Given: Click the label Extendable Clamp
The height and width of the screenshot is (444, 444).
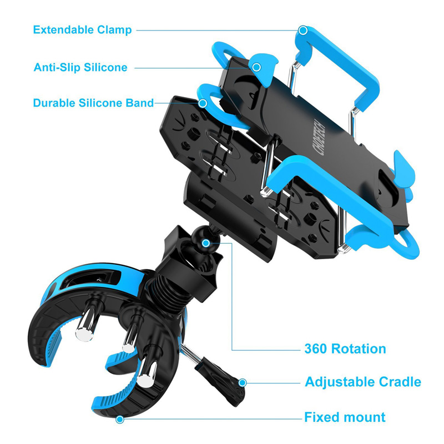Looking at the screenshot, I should click(x=82, y=30).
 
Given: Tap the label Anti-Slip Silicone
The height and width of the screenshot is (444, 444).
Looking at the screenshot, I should click(x=80, y=68).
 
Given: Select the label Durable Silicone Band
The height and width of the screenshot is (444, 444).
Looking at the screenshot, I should click(x=93, y=103).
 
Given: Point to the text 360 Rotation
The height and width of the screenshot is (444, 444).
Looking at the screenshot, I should click(x=345, y=349).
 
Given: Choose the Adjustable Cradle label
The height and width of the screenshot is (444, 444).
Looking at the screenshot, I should click(x=363, y=382).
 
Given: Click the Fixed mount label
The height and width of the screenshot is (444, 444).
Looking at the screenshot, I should click(x=345, y=417).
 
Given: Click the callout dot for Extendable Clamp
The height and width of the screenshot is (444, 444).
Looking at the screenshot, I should click(x=303, y=30).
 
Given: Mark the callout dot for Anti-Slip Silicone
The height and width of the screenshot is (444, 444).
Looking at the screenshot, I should click(x=256, y=68).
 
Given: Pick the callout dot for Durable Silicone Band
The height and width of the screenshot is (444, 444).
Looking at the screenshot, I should click(x=204, y=103).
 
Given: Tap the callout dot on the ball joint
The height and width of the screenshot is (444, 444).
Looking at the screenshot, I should click(x=206, y=243).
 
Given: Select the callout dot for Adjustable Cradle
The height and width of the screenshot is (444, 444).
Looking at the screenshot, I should click(x=243, y=382).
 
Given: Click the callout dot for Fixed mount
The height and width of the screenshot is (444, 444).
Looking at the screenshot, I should click(x=119, y=419).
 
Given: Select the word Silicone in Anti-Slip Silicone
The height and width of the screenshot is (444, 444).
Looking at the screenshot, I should click(x=105, y=68).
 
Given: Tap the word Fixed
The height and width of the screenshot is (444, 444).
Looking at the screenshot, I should click(x=321, y=417).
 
